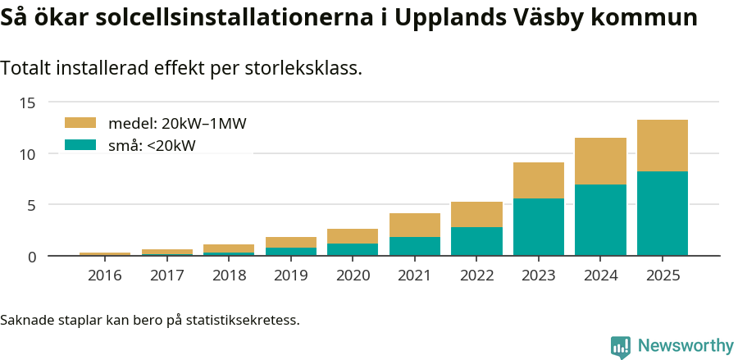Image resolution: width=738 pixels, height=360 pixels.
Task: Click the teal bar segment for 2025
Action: click(662, 213)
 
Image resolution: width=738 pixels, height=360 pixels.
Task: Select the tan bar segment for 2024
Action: click(600, 161)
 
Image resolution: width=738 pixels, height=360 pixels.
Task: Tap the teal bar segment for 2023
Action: click(538, 227)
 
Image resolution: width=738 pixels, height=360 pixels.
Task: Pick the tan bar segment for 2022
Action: click(476, 214)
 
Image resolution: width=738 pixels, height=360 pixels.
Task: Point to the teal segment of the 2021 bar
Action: click(414, 246)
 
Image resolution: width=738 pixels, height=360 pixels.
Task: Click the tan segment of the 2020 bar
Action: click(353, 236)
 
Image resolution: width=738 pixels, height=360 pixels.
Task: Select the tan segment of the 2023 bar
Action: click(538, 180)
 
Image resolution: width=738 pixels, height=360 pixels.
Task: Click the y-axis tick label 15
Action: click(29, 103)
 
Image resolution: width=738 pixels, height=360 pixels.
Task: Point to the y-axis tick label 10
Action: click(29, 153)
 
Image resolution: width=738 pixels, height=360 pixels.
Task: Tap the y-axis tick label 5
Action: click(33, 205)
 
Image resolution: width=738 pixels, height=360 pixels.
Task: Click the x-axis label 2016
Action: click(105, 276)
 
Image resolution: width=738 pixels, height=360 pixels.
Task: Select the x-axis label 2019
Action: click(291, 276)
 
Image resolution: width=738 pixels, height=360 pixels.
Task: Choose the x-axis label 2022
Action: click(476, 276)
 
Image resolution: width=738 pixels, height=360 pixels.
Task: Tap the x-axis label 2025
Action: click(662, 276)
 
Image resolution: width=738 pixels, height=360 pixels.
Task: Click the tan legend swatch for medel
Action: click(80, 123)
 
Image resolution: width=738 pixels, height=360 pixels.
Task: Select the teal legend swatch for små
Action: click(80, 145)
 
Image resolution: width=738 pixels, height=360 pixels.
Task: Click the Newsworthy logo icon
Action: click(621, 346)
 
